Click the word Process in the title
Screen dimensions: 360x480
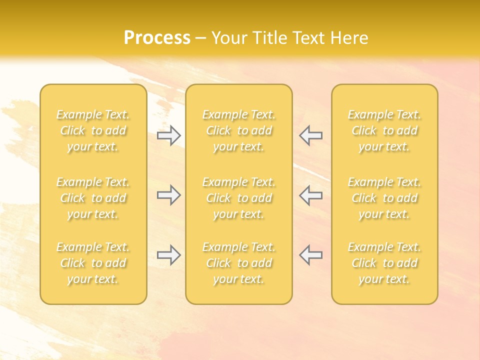157,38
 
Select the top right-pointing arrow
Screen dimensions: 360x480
169,135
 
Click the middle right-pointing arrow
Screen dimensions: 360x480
169,195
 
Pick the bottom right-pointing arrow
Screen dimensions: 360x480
169,255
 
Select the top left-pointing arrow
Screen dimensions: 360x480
311,135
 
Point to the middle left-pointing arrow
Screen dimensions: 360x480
311,195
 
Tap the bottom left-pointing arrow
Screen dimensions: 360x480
311,255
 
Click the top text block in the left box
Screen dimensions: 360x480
93,130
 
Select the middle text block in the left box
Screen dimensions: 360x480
93,198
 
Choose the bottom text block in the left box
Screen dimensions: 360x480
93,263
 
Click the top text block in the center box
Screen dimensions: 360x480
239,130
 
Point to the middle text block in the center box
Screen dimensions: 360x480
239,198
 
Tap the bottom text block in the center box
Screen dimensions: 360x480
239,263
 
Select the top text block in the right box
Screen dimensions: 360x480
384,130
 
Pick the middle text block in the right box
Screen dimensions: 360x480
384,198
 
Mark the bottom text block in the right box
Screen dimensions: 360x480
384,263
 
